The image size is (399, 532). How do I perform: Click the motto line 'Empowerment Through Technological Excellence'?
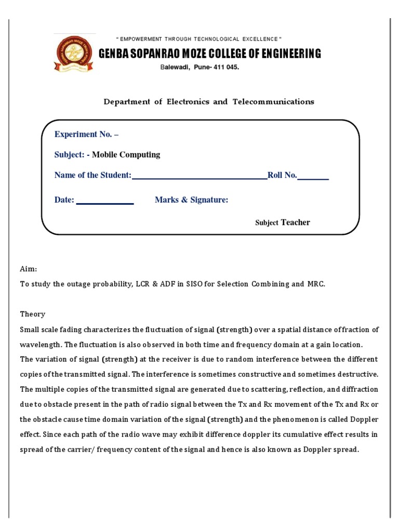click(199, 39)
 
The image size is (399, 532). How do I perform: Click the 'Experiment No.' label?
click(86, 134)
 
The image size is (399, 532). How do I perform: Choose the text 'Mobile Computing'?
click(126, 154)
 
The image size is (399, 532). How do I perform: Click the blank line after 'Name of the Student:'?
click(199, 177)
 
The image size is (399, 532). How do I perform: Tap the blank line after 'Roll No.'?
click(313, 177)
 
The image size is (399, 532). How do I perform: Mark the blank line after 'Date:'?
click(105, 202)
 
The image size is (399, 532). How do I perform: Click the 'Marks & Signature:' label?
click(191, 200)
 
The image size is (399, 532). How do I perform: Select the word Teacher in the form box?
click(295, 222)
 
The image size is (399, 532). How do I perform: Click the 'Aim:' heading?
click(29, 269)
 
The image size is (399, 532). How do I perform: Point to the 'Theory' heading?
click(33, 314)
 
